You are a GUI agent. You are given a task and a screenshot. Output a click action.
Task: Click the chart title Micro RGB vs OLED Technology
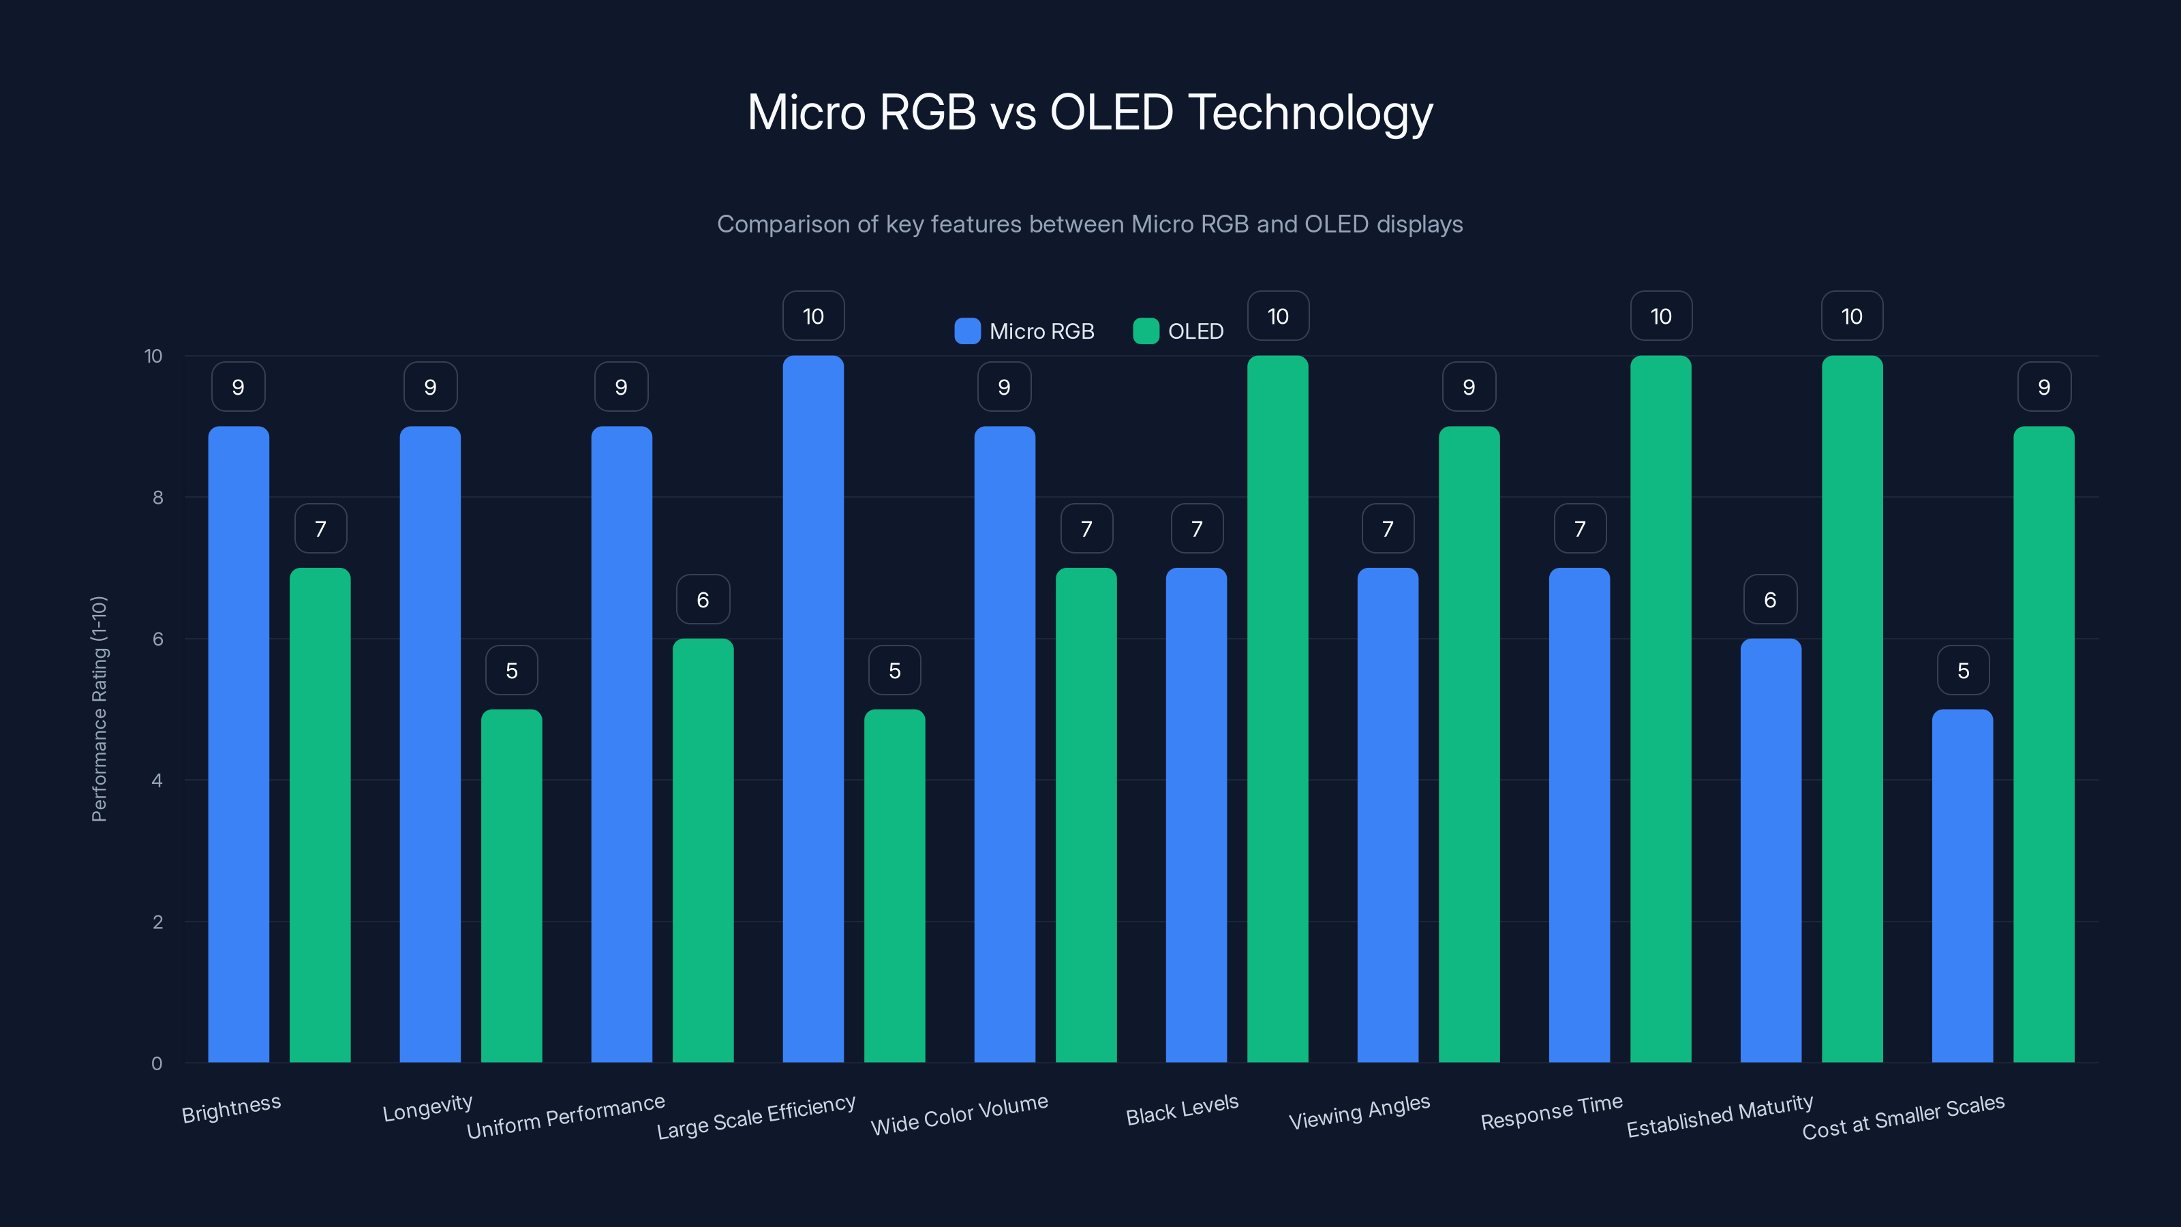pos(1090,112)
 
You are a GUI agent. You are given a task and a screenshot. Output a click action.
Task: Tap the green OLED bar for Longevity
pos(511,885)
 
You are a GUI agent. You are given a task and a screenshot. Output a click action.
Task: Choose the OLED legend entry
pos(1178,331)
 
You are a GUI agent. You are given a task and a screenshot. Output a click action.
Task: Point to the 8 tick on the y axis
pos(157,498)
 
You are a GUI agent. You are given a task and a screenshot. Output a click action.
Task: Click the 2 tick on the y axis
pos(157,922)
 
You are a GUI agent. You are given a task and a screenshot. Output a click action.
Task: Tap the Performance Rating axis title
pos(99,709)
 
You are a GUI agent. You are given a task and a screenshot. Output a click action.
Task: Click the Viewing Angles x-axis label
pos(1359,1112)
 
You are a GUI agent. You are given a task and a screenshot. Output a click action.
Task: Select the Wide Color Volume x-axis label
pos(959,1115)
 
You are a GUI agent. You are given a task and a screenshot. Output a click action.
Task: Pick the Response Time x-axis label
pos(1551,1112)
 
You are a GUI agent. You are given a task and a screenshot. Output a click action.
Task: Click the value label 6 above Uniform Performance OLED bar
pos(703,600)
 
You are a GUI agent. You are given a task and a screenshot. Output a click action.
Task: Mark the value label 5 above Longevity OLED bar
pos(511,671)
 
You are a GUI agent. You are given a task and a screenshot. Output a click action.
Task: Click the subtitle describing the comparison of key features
pos(1090,224)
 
